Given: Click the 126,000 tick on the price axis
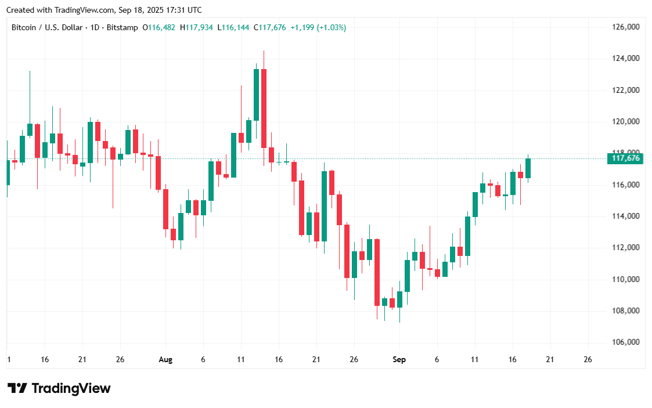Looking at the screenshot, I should (626, 27).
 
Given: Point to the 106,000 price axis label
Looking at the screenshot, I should (626, 342).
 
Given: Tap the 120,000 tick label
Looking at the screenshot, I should (626, 122).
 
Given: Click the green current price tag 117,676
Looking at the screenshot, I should (625, 158).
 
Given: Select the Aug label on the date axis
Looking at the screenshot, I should (165, 360).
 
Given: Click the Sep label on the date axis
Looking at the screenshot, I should (399, 360).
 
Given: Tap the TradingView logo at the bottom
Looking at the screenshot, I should (59, 388).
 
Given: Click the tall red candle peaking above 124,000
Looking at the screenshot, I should (264, 107).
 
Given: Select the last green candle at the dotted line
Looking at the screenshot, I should (528, 168).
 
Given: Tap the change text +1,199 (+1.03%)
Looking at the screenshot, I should (318, 27).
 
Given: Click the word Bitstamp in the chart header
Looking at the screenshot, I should (125, 27).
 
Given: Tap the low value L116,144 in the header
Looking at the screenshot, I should (233, 27).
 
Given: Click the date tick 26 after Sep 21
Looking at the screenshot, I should (588, 360).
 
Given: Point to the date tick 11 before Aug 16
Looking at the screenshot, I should (241, 360).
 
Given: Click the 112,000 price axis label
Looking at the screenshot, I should (626, 248).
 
